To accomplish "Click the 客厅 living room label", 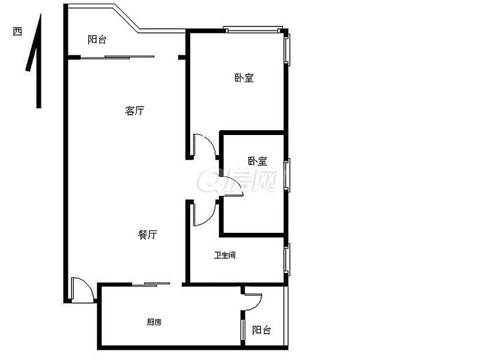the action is [x=134, y=110].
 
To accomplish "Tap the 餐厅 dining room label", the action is [x=148, y=235].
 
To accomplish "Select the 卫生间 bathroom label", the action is [x=224, y=255].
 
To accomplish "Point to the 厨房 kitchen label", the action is [x=154, y=322].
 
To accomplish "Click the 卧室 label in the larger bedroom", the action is [x=244, y=78].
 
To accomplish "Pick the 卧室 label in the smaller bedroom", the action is [x=257, y=161].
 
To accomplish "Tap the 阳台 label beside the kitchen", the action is [x=262, y=330].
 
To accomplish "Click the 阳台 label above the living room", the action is [x=97, y=40].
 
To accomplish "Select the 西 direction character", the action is [x=17, y=32].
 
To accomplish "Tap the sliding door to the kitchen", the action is [x=151, y=284].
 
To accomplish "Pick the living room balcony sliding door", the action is [x=118, y=57].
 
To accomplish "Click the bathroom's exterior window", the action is [x=287, y=260].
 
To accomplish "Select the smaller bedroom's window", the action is [x=287, y=175].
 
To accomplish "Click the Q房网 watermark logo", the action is [x=238, y=180].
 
